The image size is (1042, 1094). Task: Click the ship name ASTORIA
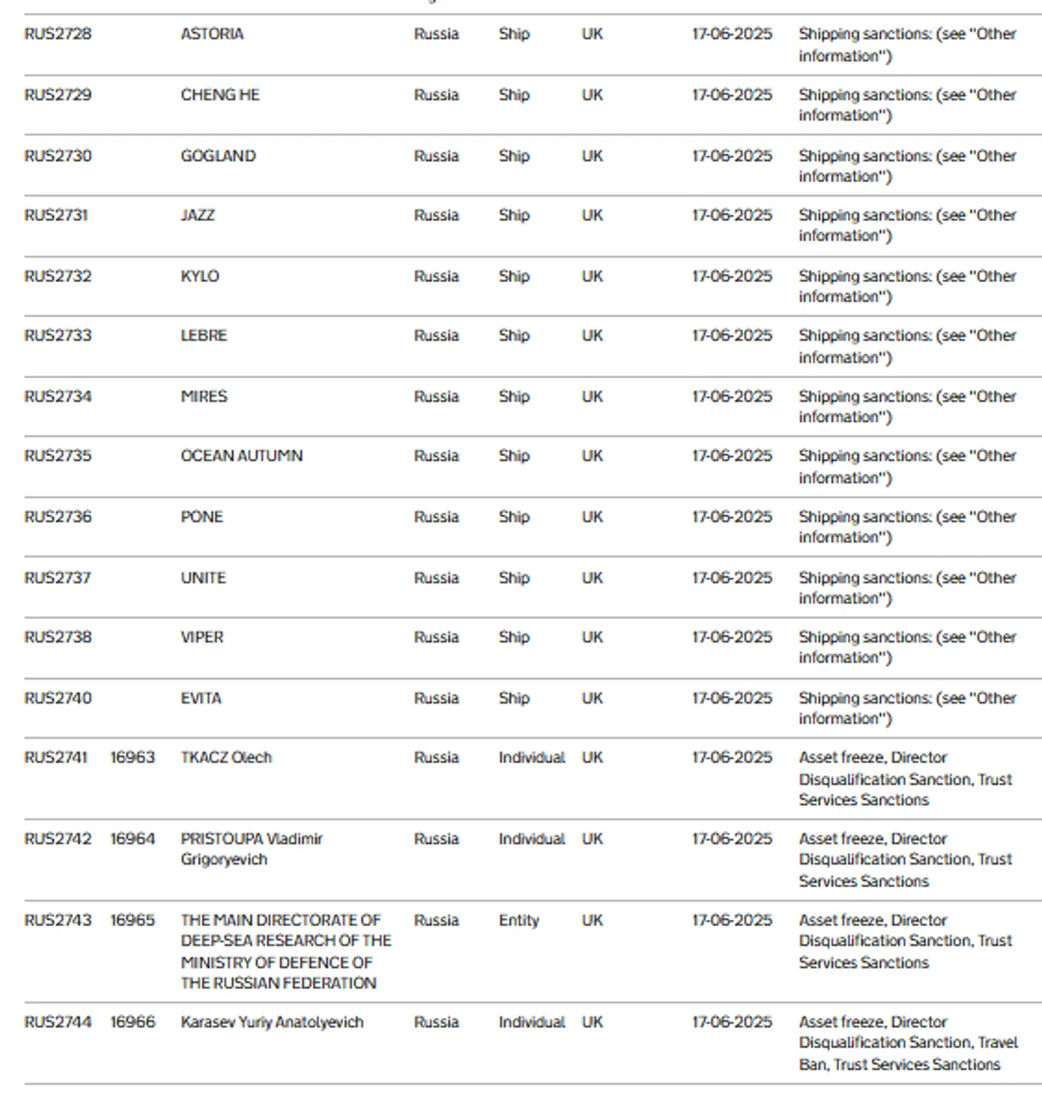tap(212, 34)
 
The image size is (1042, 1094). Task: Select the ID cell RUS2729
tap(58, 95)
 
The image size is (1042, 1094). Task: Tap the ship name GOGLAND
tap(218, 156)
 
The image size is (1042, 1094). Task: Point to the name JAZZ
tap(197, 216)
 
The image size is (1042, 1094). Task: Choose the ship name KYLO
tap(200, 277)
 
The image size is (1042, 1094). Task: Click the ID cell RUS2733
tap(58, 336)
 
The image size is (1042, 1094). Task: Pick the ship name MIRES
tap(204, 397)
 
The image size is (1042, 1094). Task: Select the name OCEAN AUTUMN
tap(241, 456)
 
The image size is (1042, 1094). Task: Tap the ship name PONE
tap(201, 517)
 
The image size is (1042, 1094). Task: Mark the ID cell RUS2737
tap(58, 578)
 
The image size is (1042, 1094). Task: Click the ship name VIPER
tap(202, 637)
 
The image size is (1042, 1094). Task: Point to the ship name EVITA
tap(200, 698)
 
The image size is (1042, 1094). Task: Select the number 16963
tap(132, 757)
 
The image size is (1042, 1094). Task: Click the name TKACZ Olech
tap(226, 757)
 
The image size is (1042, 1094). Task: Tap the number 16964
tap(132, 839)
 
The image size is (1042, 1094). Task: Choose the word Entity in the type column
tap(519, 920)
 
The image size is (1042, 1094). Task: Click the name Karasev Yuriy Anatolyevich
tap(272, 1022)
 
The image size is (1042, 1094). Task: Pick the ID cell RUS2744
tap(58, 1022)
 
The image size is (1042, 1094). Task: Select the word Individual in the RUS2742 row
tap(531, 839)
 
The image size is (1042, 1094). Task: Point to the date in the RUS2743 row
tap(732, 920)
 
